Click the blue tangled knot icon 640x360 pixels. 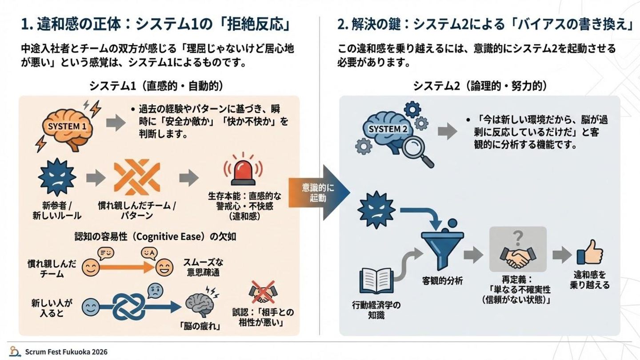[129, 305]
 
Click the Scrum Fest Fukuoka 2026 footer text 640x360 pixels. [66, 352]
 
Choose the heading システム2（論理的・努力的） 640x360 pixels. [480, 86]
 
